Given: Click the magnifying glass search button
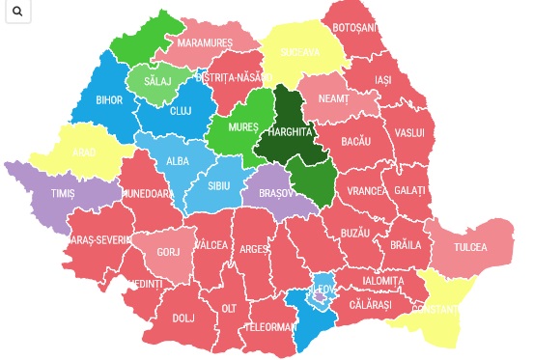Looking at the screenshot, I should click(18, 13).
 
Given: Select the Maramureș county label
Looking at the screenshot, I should click(205, 43).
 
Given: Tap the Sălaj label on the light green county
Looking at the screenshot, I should click(156, 82).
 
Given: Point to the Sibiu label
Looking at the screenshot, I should click(220, 183).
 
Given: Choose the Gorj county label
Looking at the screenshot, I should click(169, 251).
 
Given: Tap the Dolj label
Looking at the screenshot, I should click(183, 316).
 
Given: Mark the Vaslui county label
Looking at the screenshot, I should click(409, 131).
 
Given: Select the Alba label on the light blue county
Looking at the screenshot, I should click(178, 161).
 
